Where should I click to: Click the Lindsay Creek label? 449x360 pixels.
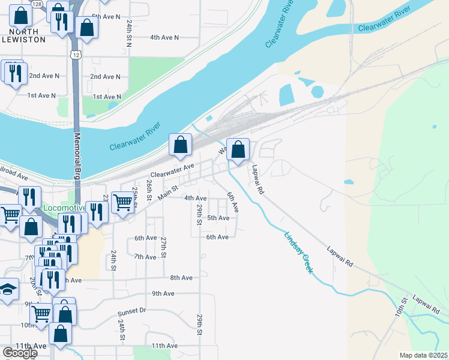point(298,254)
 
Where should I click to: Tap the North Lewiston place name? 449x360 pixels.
point(27,35)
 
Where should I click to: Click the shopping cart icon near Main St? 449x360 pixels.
point(122,203)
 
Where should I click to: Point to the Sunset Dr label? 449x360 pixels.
point(132,311)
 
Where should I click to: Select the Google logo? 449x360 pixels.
point(20,353)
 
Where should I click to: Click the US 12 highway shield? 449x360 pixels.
point(75,55)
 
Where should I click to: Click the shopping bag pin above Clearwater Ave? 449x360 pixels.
point(180,145)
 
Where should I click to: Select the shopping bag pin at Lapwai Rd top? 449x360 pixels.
point(238,150)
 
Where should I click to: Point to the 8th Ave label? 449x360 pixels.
point(181,278)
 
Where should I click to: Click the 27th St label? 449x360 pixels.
point(163,247)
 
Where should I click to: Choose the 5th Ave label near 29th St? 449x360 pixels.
point(218,218)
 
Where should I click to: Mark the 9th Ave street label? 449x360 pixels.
point(163,293)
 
